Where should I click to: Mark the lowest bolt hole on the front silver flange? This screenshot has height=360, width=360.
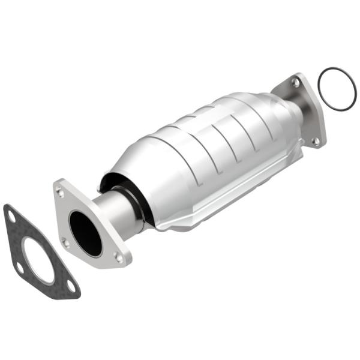118,257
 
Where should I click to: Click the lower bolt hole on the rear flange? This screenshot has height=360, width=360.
316,142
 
